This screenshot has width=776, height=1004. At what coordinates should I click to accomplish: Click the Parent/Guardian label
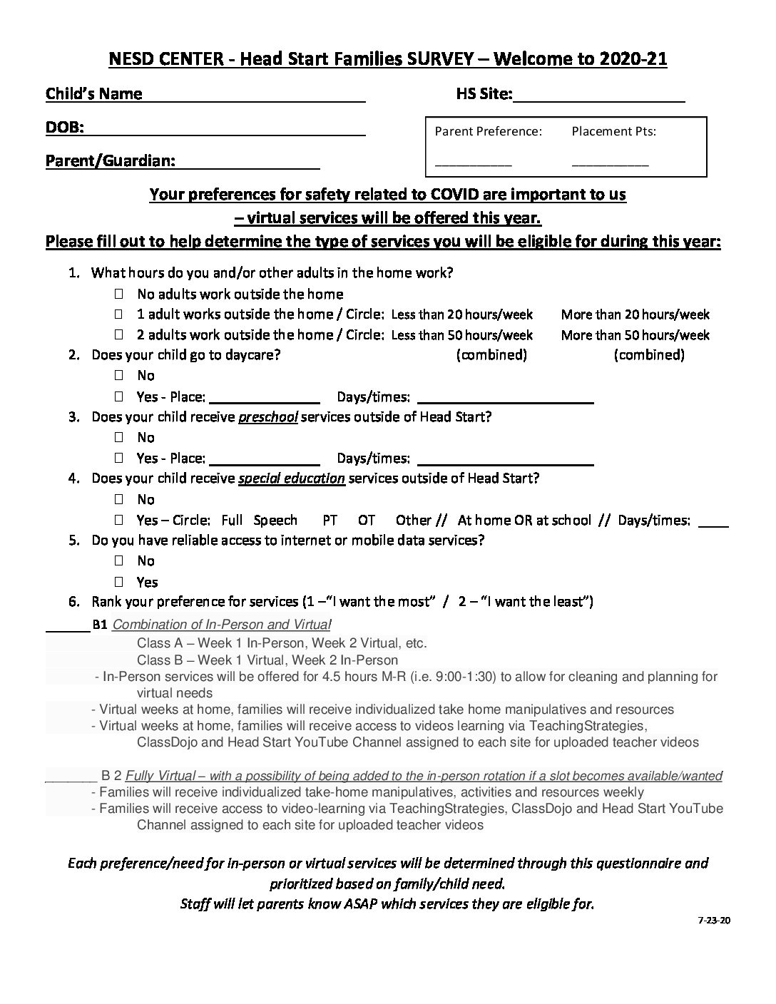[x=110, y=161]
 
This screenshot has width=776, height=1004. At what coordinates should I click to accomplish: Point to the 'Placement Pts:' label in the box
[x=613, y=131]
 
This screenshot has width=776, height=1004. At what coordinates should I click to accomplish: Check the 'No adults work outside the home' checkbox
[x=118, y=294]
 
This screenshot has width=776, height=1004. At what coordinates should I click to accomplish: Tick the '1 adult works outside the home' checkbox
[x=118, y=314]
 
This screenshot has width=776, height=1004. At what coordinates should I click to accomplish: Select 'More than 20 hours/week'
[x=635, y=314]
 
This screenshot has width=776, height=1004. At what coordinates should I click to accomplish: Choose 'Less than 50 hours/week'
[x=462, y=335]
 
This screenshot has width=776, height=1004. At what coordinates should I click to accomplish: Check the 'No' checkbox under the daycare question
[x=118, y=375]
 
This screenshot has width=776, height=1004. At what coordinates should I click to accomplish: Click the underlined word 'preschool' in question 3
[x=268, y=417]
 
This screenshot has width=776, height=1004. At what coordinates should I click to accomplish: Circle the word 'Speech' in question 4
[x=275, y=521]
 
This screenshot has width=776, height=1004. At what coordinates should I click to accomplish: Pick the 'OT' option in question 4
[x=367, y=521]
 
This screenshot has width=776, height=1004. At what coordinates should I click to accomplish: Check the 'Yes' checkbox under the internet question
[x=118, y=582]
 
